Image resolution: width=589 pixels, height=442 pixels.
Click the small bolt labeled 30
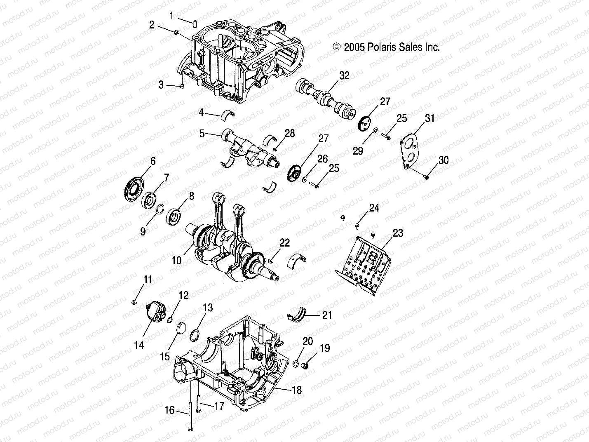[x=427, y=176]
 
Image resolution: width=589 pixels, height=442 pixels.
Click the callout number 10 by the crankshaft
[x=176, y=260]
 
